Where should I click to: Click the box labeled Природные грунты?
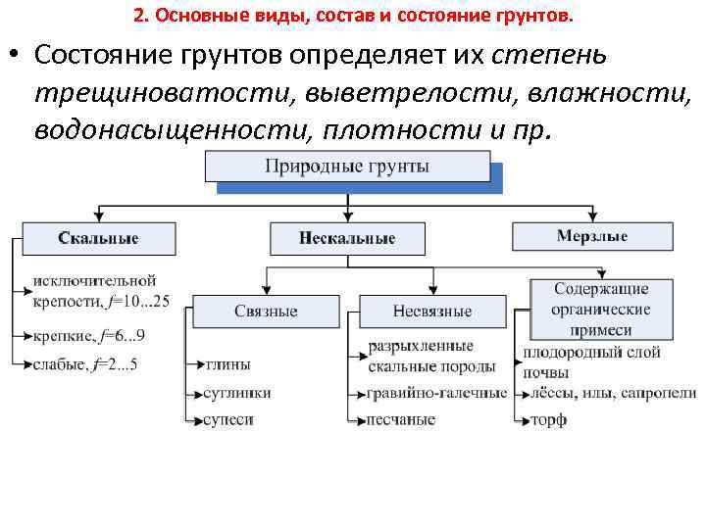pyautogui.click(x=347, y=167)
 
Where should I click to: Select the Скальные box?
pyautogui.click(x=98, y=238)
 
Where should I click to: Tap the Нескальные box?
pyautogui.click(x=347, y=238)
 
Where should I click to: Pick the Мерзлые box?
pyautogui.click(x=592, y=237)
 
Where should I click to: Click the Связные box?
pyautogui.click(x=266, y=311)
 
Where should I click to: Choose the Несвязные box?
pyautogui.click(x=432, y=311)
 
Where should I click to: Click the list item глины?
pyautogui.click(x=228, y=363)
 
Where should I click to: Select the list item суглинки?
pyautogui.click(x=238, y=392)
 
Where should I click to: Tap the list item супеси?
pyautogui.click(x=229, y=419)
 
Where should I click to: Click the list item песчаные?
pyautogui.click(x=401, y=419)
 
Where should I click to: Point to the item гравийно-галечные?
pyautogui.click(x=437, y=392)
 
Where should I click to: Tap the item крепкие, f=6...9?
pyautogui.click(x=89, y=336)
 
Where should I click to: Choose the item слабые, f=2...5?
pyautogui.click(x=86, y=364)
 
